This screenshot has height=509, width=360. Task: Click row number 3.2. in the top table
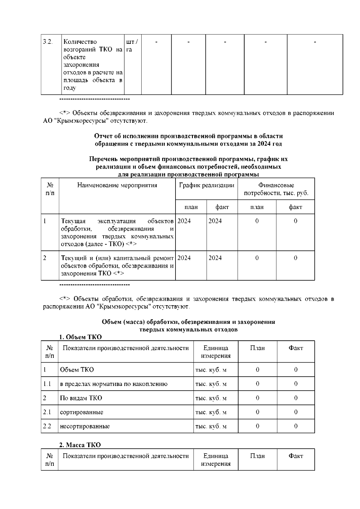48,42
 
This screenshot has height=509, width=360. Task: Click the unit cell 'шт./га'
132,45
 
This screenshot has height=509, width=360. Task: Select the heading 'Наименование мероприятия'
117,185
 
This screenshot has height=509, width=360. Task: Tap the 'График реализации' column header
206,185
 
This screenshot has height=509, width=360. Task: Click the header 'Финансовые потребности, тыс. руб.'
276,189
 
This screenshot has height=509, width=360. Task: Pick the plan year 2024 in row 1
184,221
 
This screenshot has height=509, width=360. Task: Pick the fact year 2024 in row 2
215,258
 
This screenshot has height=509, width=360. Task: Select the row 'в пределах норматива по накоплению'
114,384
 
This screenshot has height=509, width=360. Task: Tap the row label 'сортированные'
82,412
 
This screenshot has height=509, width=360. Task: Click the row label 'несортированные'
85,426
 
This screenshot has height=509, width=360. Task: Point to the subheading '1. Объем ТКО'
80,337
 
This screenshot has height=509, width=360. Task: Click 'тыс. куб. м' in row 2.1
211,412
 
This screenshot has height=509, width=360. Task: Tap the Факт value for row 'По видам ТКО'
296,398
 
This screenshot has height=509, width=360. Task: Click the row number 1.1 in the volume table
47,384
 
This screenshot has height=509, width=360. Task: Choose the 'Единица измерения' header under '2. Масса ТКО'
216,460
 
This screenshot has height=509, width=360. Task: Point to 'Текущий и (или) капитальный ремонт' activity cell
117,266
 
